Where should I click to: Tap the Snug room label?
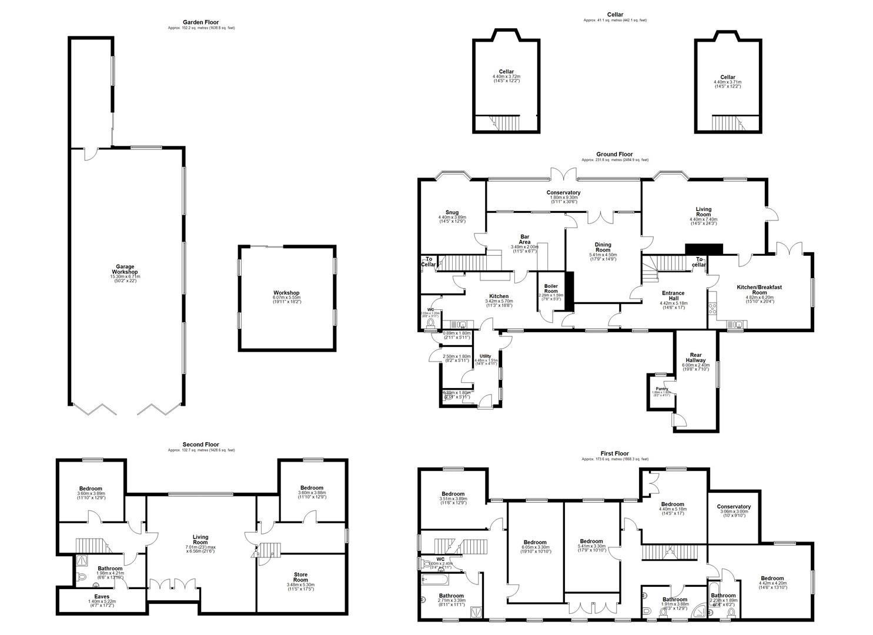coord(451,212)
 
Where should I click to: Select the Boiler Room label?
coord(551,288)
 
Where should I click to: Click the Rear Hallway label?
coord(695,357)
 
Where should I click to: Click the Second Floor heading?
coord(201,444)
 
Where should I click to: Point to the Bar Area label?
coord(520,239)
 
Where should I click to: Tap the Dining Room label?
coord(603,247)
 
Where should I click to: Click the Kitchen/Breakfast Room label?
coord(760,289)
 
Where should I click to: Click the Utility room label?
coord(485,356)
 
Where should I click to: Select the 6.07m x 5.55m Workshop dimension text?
coord(286,298)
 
